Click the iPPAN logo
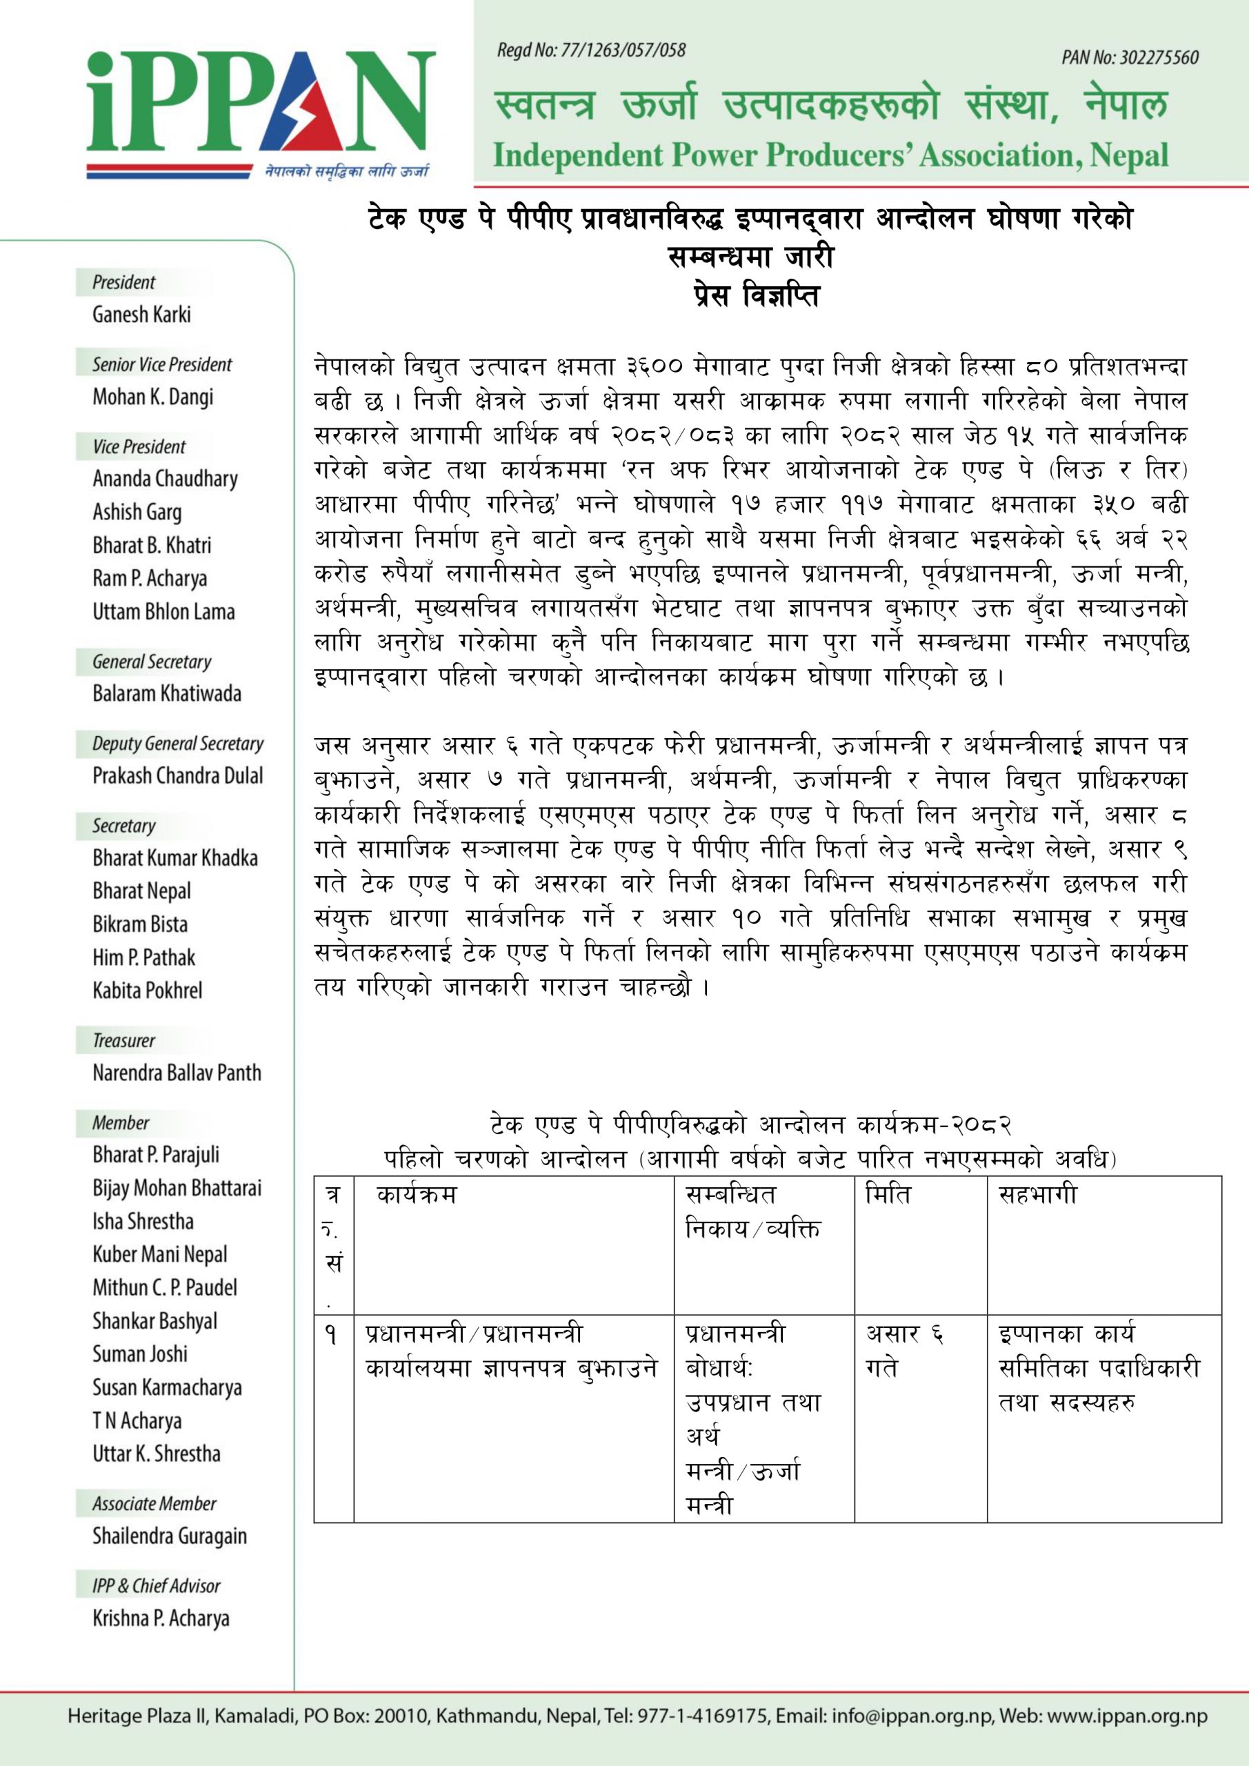(260, 112)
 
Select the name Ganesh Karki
(141, 315)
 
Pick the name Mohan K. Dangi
(153, 397)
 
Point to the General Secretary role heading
(152, 662)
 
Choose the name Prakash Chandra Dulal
(178, 775)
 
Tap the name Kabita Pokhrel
(148, 990)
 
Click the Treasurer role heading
(124, 1041)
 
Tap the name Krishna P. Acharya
(161, 1618)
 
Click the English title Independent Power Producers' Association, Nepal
(830, 156)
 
